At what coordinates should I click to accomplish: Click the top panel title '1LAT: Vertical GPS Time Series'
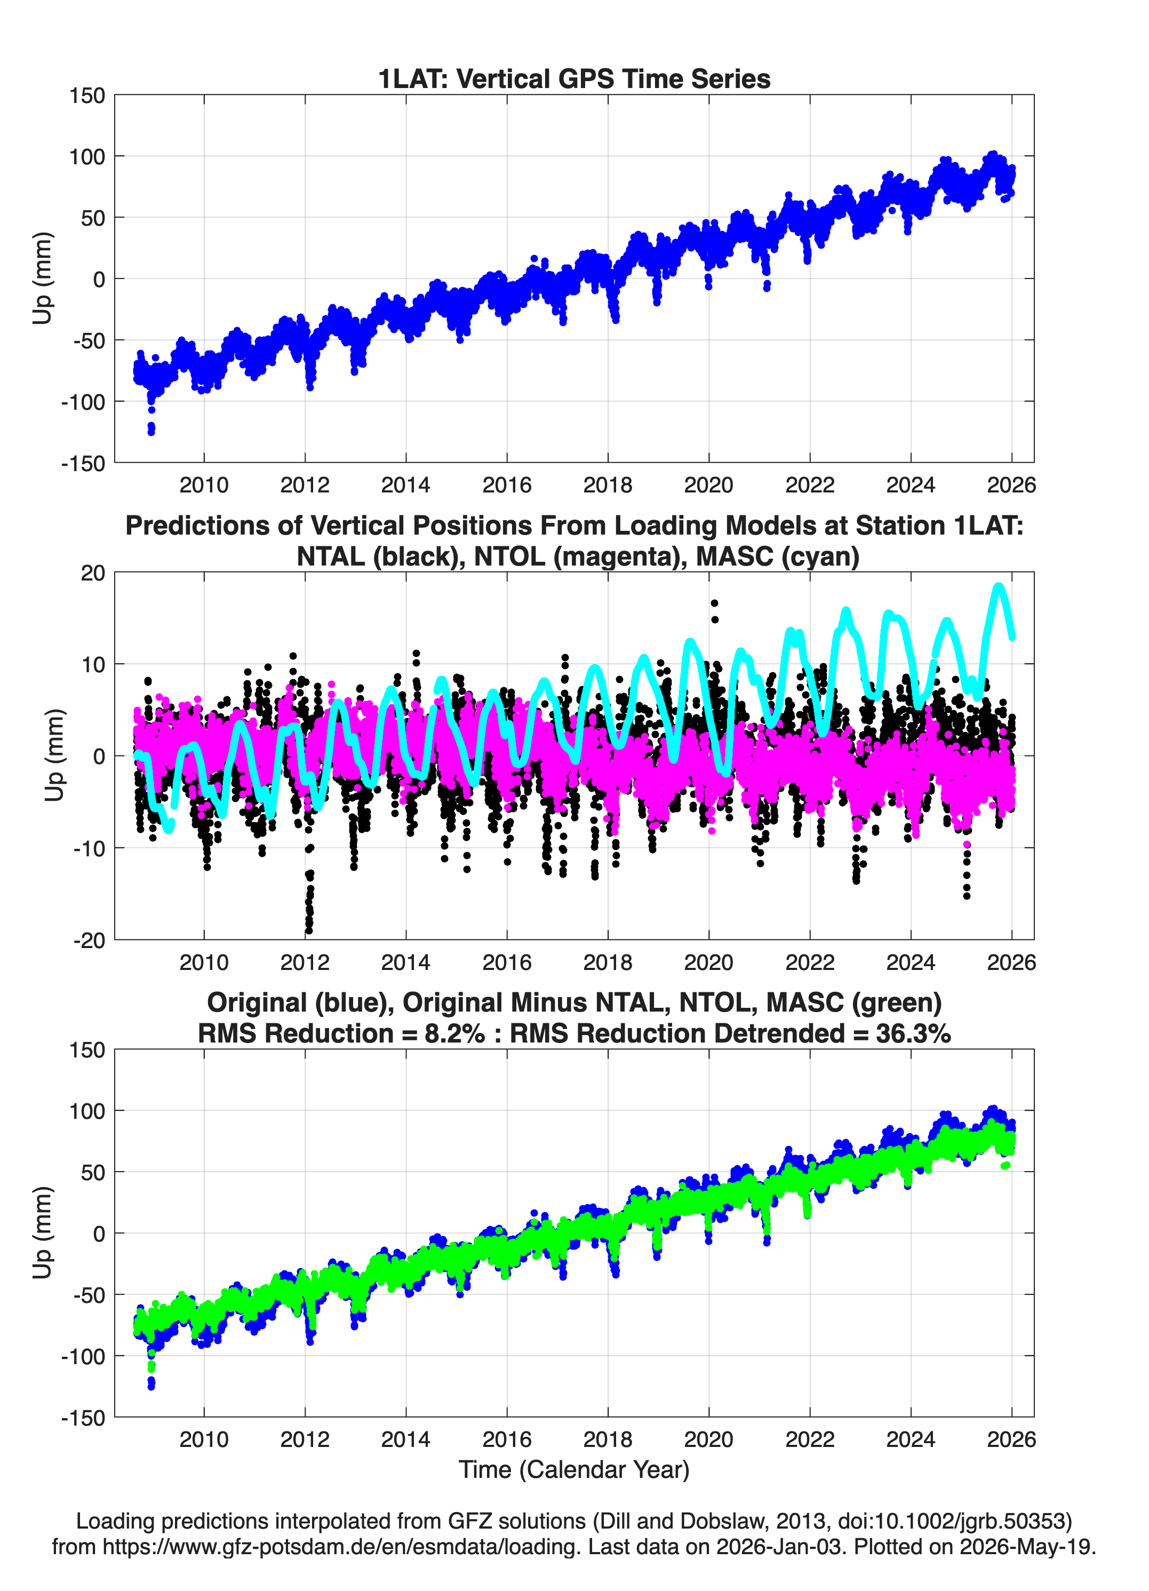[574, 78]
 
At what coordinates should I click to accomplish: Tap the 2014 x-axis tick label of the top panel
[405, 485]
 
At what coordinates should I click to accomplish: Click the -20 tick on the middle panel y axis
[89, 940]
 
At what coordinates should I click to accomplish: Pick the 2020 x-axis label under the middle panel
[708, 962]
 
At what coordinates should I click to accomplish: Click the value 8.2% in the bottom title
[454, 1033]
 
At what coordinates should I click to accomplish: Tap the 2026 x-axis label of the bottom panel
[1011, 1439]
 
